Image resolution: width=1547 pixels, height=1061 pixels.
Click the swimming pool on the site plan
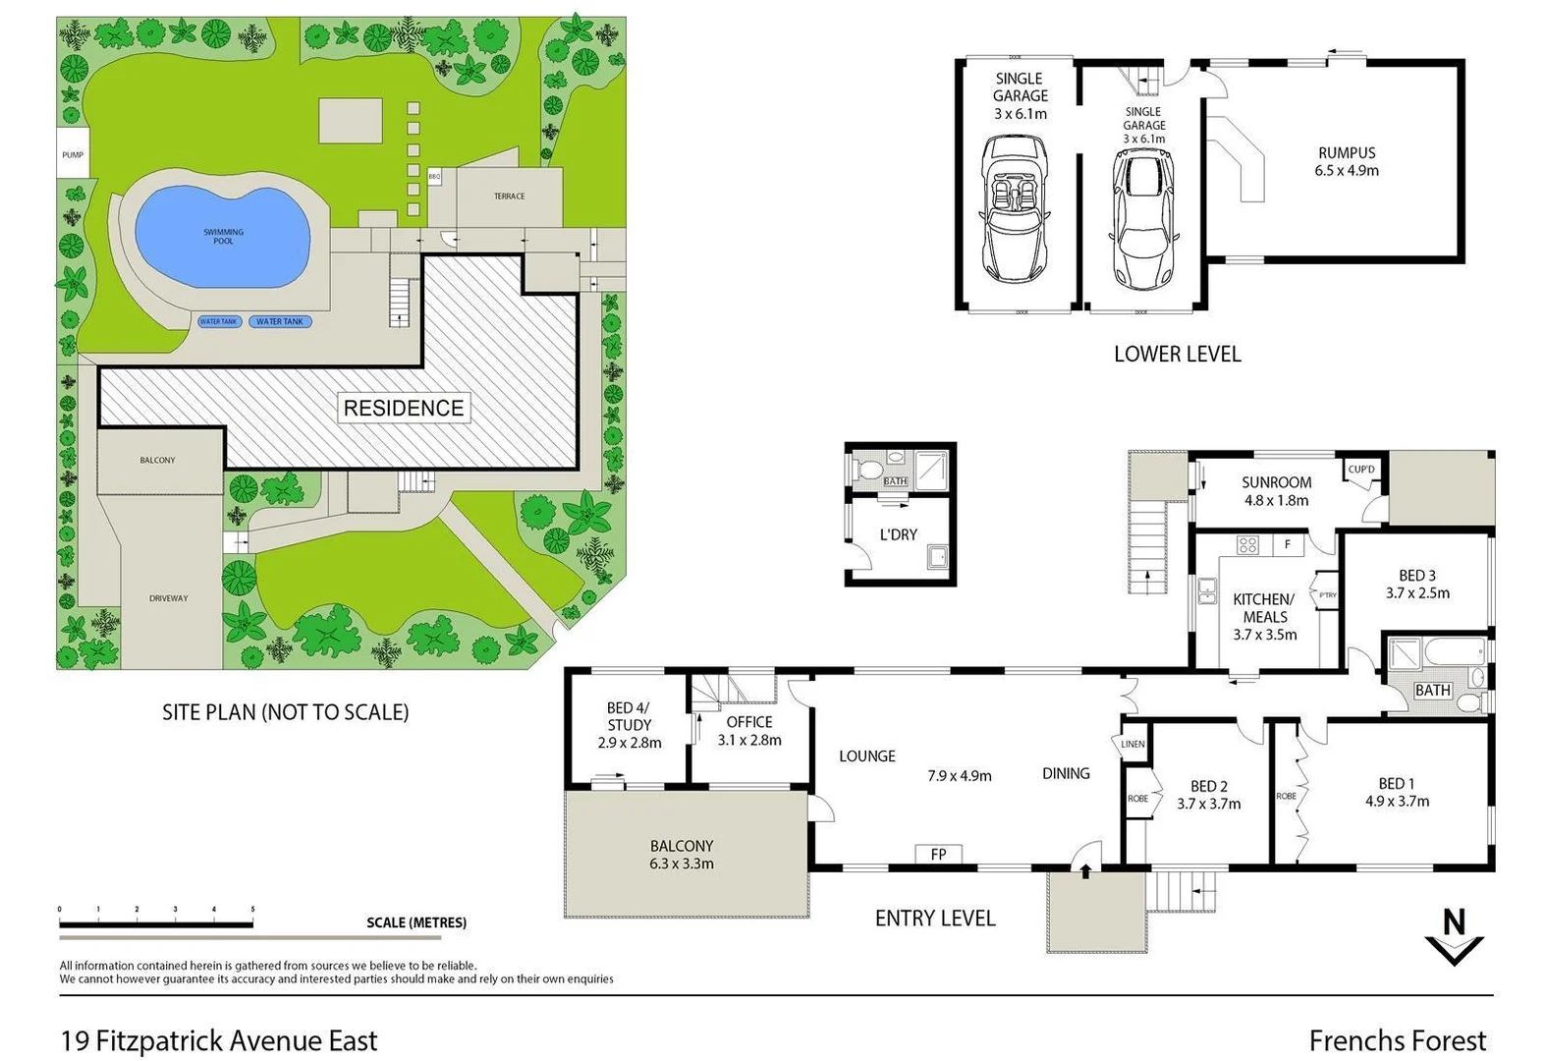pos(223,236)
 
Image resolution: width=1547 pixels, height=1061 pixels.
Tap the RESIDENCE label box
pos(403,408)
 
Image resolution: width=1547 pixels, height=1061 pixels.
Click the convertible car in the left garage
pos(1015,208)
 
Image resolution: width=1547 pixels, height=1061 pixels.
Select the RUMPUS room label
pos(1347,153)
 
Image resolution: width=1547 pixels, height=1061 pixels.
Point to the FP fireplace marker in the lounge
pos(938,855)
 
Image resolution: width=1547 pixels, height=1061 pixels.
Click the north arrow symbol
pos(1454,937)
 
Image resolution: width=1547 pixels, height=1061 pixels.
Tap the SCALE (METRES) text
pos(415,922)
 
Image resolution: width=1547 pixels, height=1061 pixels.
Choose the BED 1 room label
pos(1396,783)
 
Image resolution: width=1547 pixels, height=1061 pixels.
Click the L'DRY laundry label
pos(898,534)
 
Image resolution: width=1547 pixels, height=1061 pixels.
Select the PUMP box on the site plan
pos(73,154)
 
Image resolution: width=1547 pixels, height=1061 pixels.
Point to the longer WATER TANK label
pos(280,321)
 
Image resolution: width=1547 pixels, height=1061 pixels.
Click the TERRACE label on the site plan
pos(509,196)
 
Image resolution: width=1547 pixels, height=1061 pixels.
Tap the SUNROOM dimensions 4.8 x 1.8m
pos(1276,500)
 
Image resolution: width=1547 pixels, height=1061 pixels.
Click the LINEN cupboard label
pos(1133,744)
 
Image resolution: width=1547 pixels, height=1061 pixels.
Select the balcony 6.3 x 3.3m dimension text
pos(681,864)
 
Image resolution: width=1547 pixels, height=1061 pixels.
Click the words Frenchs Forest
pos(1397,1040)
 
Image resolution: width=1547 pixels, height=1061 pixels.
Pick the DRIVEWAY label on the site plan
pos(169,598)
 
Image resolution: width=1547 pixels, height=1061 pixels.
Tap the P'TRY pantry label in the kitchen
pos(1327,595)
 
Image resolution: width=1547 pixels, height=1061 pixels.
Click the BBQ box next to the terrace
pos(434,177)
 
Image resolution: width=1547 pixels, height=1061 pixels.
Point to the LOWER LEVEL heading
pos(1177,354)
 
